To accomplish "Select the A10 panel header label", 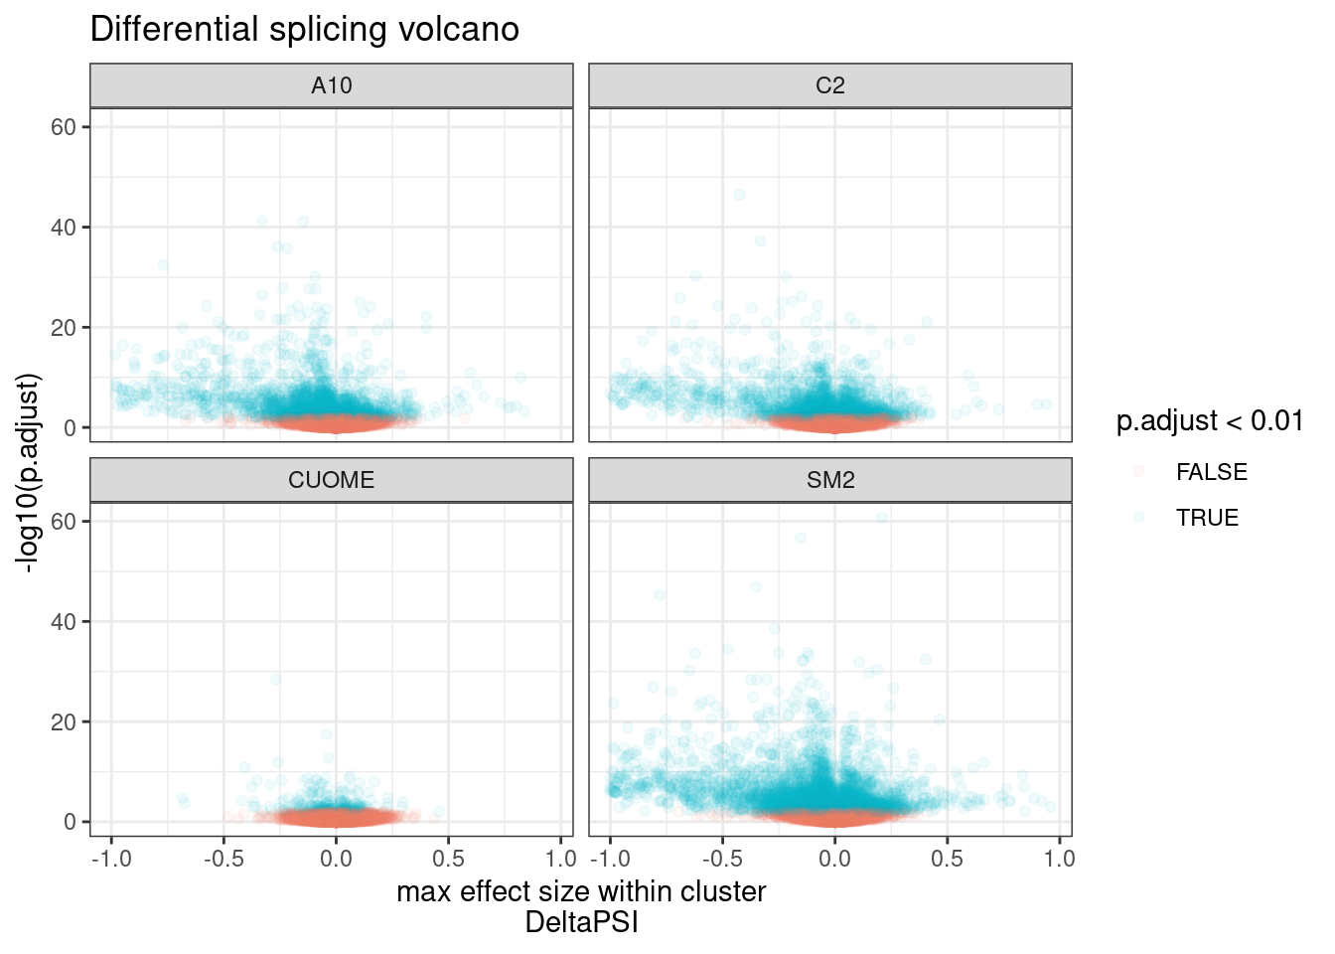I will [332, 85].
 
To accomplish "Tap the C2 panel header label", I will [830, 85].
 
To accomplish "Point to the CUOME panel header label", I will [332, 480].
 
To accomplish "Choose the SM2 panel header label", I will [830, 480].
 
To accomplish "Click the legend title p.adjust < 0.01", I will [1210, 421].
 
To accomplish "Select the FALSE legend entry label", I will [1211, 472].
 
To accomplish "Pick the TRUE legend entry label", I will [1207, 518].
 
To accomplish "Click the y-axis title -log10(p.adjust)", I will [28, 473].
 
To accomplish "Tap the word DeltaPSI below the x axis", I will [581, 923].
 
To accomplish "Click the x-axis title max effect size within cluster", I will [581, 891].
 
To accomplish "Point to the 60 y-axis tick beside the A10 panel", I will [65, 127].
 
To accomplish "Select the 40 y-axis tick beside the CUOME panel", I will [65, 622].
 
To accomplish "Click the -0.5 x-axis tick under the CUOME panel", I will [223, 859].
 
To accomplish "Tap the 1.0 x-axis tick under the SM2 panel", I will [1059, 859].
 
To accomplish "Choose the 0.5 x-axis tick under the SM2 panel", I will [947, 859].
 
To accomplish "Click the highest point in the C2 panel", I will [739, 195].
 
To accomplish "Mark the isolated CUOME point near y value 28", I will [276, 680].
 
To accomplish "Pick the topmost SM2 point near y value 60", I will [881, 518].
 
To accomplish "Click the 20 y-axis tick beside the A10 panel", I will [65, 328].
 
